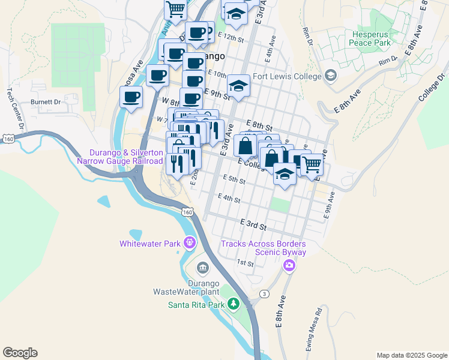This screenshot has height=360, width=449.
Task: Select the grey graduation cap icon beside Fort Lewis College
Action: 330,76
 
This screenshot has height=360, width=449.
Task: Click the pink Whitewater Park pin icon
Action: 190,243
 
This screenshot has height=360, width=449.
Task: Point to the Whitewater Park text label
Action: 151,244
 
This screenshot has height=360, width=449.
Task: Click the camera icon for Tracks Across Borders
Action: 290,265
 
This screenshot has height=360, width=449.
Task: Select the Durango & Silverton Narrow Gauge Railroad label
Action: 120,157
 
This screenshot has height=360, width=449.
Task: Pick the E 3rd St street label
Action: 253,224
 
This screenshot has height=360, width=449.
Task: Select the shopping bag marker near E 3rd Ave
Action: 246,145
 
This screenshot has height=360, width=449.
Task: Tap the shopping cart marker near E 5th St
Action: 312,163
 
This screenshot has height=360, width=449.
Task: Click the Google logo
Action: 20,353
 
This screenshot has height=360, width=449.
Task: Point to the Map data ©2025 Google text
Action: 412,355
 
